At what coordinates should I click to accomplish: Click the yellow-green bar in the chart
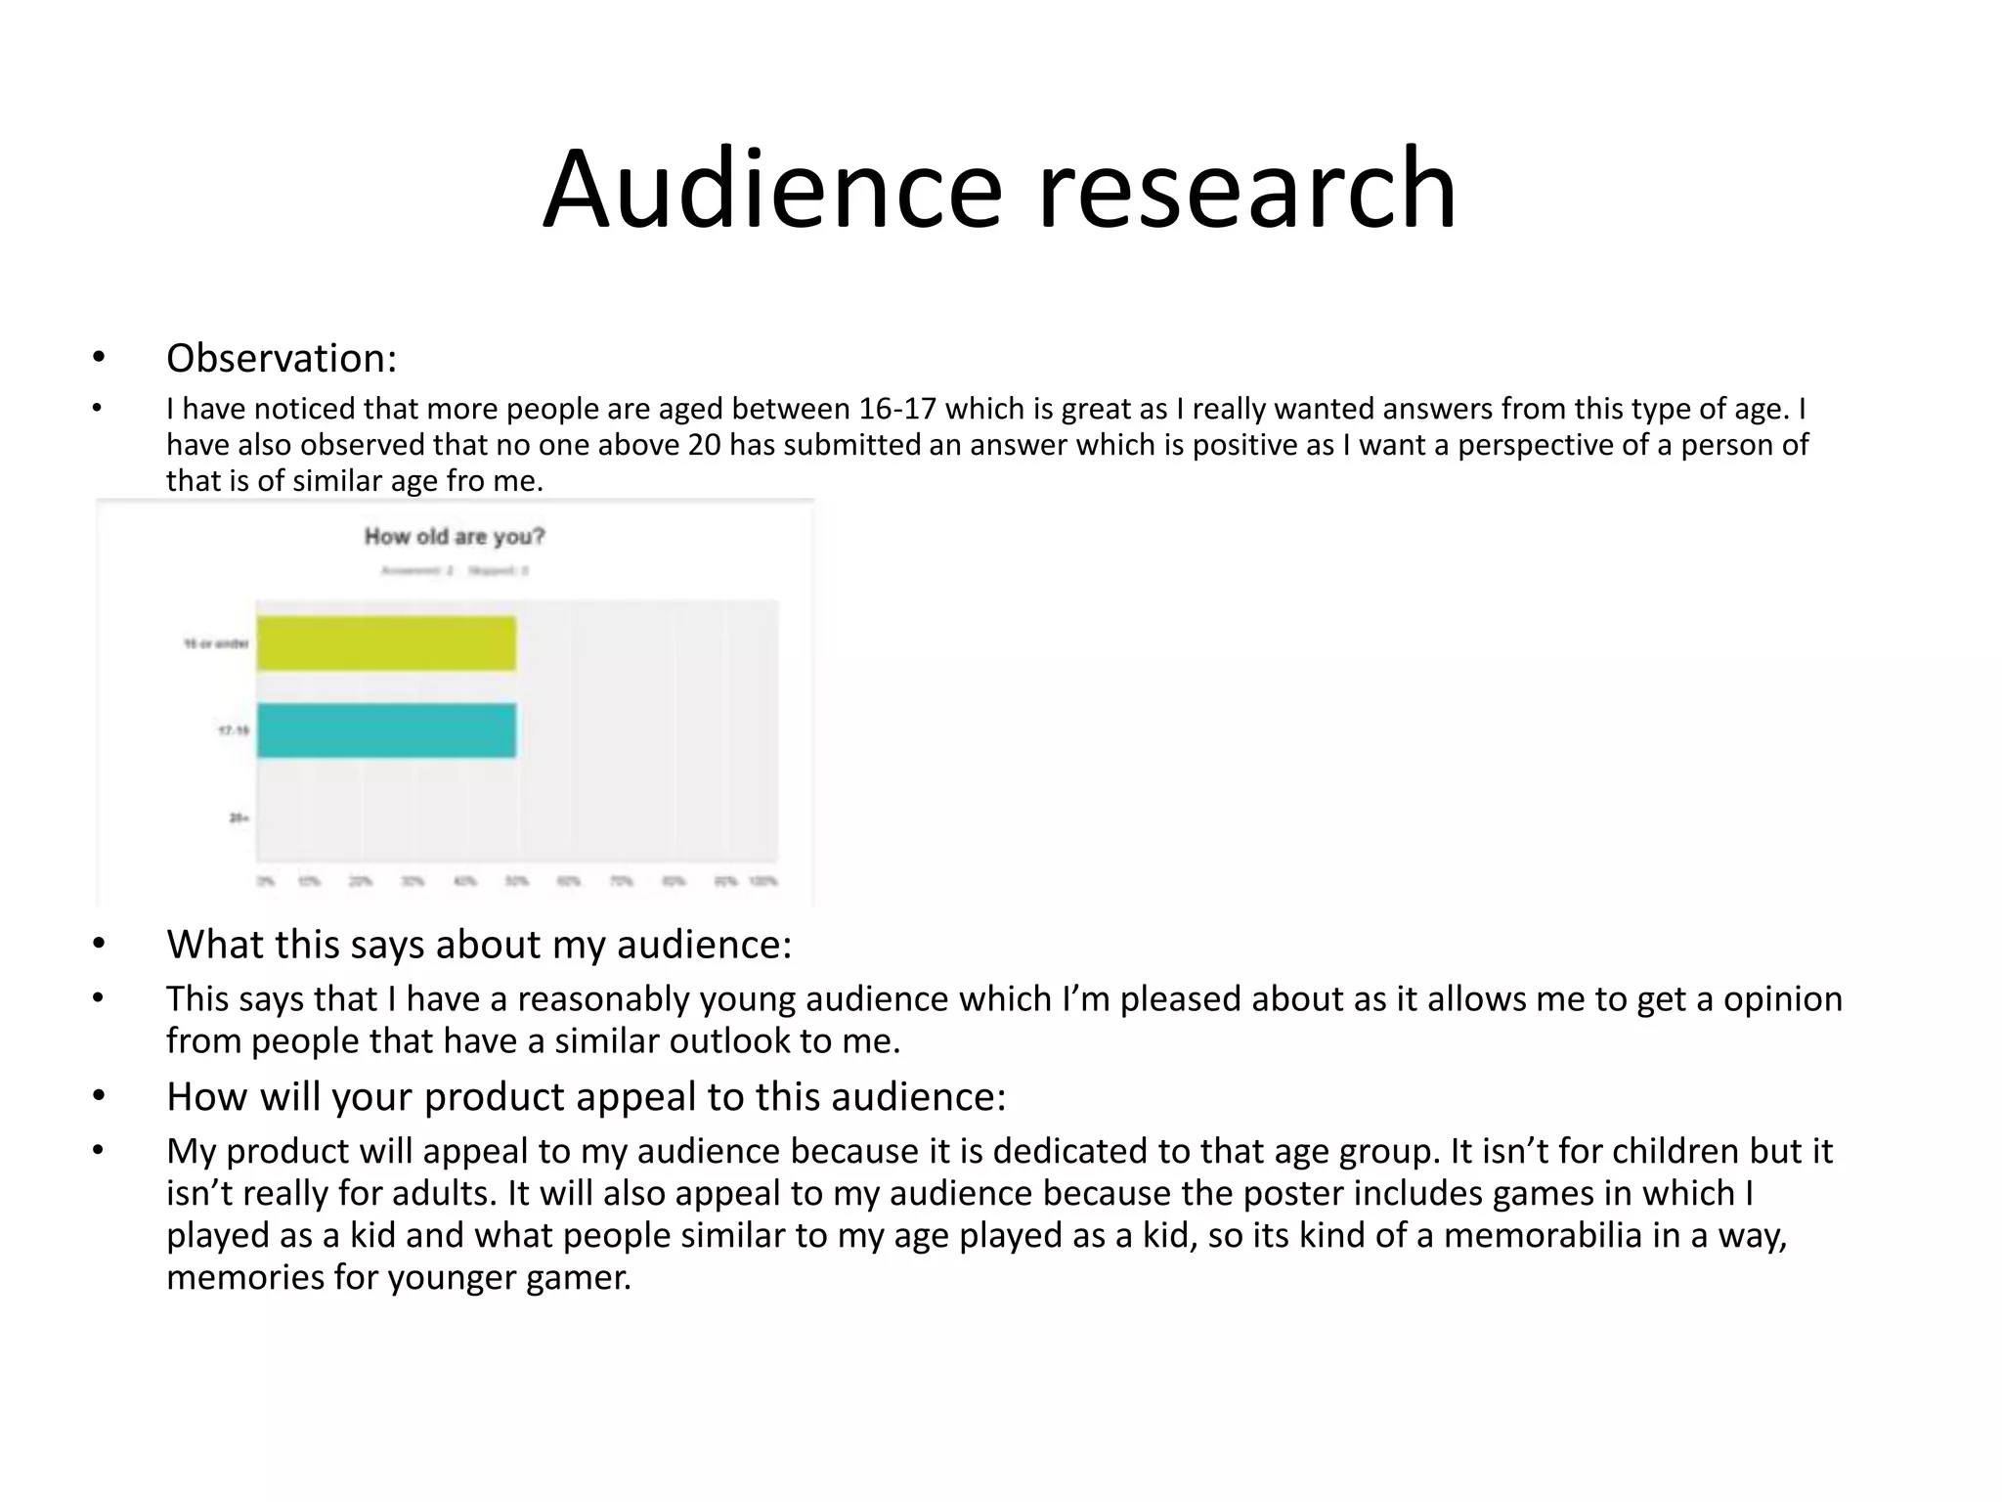click(x=386, y=643)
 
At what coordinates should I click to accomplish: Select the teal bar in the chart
click(x=386, y=730)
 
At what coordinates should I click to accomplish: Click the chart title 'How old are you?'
click(x=455, y=536)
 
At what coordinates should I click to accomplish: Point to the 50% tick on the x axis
click(x=516, y=881)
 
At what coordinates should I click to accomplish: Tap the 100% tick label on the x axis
click(x=763, y=881)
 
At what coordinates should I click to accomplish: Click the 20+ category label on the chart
click(x=239, y=817)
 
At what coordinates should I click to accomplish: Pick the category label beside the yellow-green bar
click(x=216, y=643)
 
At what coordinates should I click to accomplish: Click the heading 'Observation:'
click(x=282, y=358)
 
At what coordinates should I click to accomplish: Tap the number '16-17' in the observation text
click(x=897, y=409)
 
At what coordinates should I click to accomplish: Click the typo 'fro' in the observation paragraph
click(x=464, y=481)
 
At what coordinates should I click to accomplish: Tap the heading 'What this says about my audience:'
click(x=479, y=944)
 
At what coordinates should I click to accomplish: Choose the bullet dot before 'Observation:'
click(x=98, y=358)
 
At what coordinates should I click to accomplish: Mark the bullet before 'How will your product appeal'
click(x=98, y=1096)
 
